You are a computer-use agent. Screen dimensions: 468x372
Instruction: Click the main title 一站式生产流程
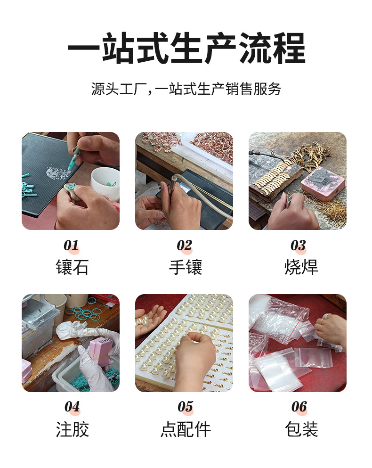tap(186, 49)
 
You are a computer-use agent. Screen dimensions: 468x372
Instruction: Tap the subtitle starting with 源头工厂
tap(186, 89)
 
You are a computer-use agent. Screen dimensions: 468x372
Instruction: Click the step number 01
tap(71, 246)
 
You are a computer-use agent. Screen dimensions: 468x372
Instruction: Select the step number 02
tap(184, 246)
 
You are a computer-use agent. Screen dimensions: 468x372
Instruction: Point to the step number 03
tap(298, 246)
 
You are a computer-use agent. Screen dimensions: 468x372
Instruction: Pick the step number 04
tap(72, 407)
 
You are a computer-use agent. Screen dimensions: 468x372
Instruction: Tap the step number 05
tap(185, 407)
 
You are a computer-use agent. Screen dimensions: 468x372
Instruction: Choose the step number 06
tap(299, 407)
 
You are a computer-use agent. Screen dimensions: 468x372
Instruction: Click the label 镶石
tap(72, 267)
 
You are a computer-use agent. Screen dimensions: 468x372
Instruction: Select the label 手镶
tap(185, 267)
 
